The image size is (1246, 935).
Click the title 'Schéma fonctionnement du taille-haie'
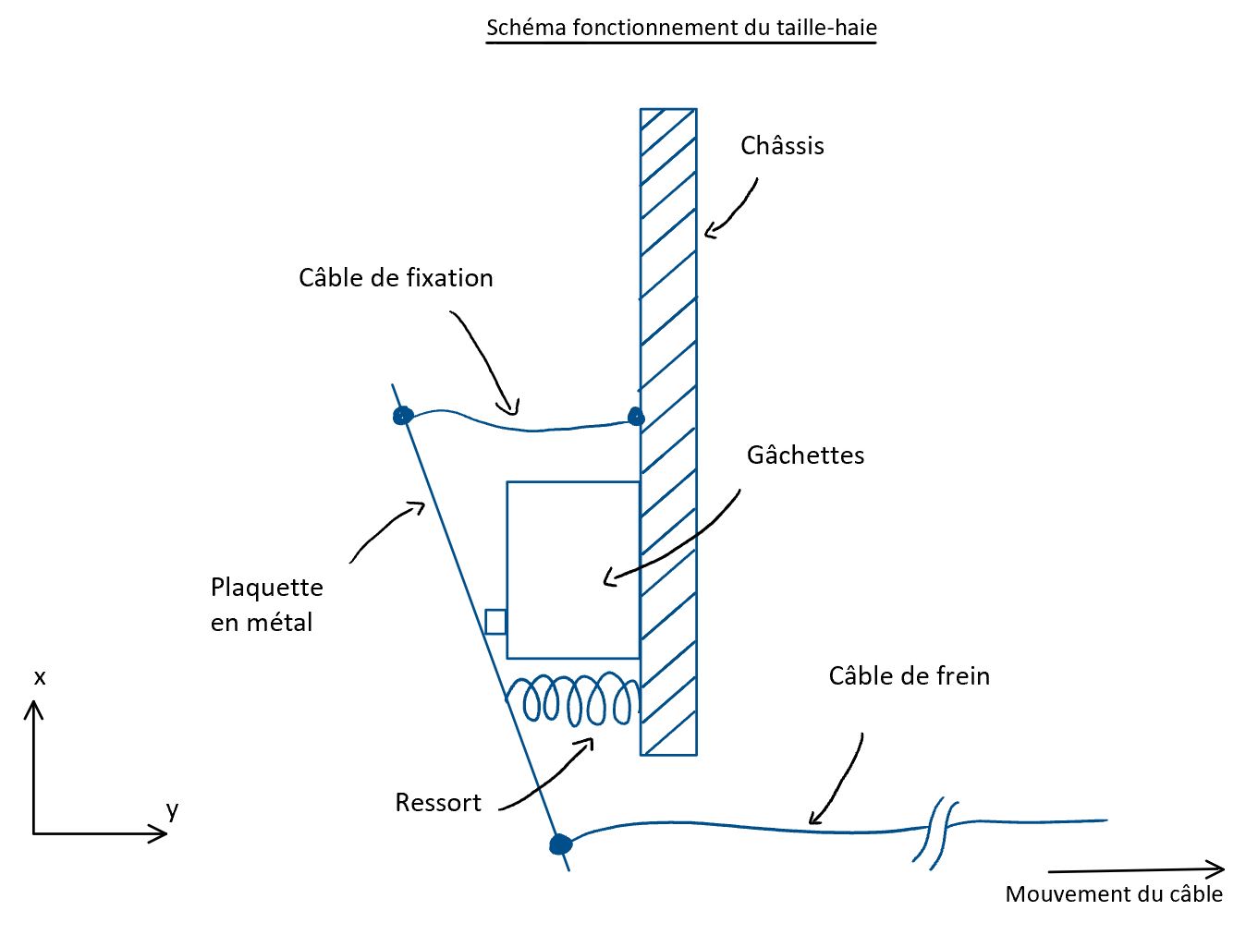coord(681,28)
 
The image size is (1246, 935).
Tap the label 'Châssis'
coord(782,146)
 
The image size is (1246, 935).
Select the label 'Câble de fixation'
coord(396,278)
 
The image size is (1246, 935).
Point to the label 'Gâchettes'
coord(805,455)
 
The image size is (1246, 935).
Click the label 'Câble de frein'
coord(909,676)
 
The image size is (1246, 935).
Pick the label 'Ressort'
coord(437,803)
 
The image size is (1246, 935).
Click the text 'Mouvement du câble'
coord(1113,894)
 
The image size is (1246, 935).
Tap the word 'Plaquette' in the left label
coord(266,588)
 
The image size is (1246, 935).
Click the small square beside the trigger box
coord(495,622)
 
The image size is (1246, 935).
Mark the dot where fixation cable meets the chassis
coord(635,417)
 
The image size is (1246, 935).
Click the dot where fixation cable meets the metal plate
coord(401,416)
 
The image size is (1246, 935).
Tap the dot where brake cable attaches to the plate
coord(559,844)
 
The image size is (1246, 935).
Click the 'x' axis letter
coord(40,678)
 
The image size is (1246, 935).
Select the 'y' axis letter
coord(172,810)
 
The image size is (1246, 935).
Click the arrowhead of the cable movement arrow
coord(1218,868)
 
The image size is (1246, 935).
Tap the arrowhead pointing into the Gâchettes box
coord(608,580)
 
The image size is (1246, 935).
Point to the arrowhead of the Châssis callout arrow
coord(709,232)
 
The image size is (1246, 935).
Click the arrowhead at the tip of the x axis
coord(34,707)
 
